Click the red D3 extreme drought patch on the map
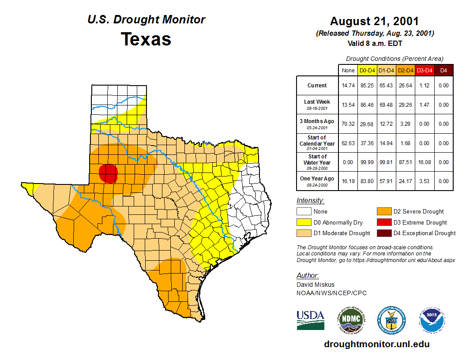pos(108,173)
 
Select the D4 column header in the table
pos(443,70)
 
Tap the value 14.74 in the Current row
pos(348,86)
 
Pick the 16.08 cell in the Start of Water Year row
pos(425,162)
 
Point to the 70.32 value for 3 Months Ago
pos(348,124)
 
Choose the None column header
pos(348,70)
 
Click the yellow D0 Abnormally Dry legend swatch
pos(304,222)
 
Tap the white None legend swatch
pos(304,212)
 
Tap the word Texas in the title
pos(146,39)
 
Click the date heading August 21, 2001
pos(374,21)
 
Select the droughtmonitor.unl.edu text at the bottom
pos(376,344)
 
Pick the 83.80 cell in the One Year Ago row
pos(367,181)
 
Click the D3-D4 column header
pos(425,70)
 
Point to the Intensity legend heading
pos(310,201)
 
